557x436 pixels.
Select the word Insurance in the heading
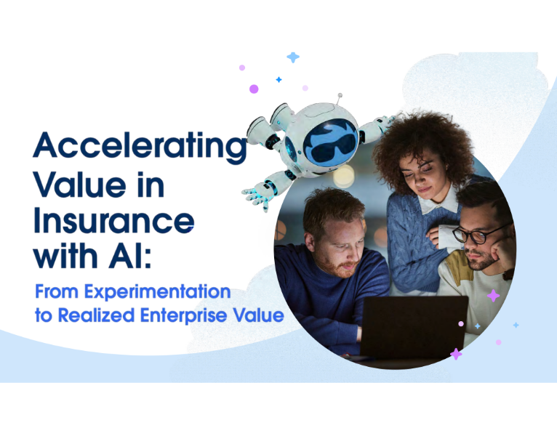(x=113, y=219)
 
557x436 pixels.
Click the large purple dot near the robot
(x=254, y=89)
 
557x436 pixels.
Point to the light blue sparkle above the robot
(x=293, y=57)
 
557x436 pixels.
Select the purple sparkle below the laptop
(x=456, y=354)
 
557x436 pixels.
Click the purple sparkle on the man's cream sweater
(x=493, y=296)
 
